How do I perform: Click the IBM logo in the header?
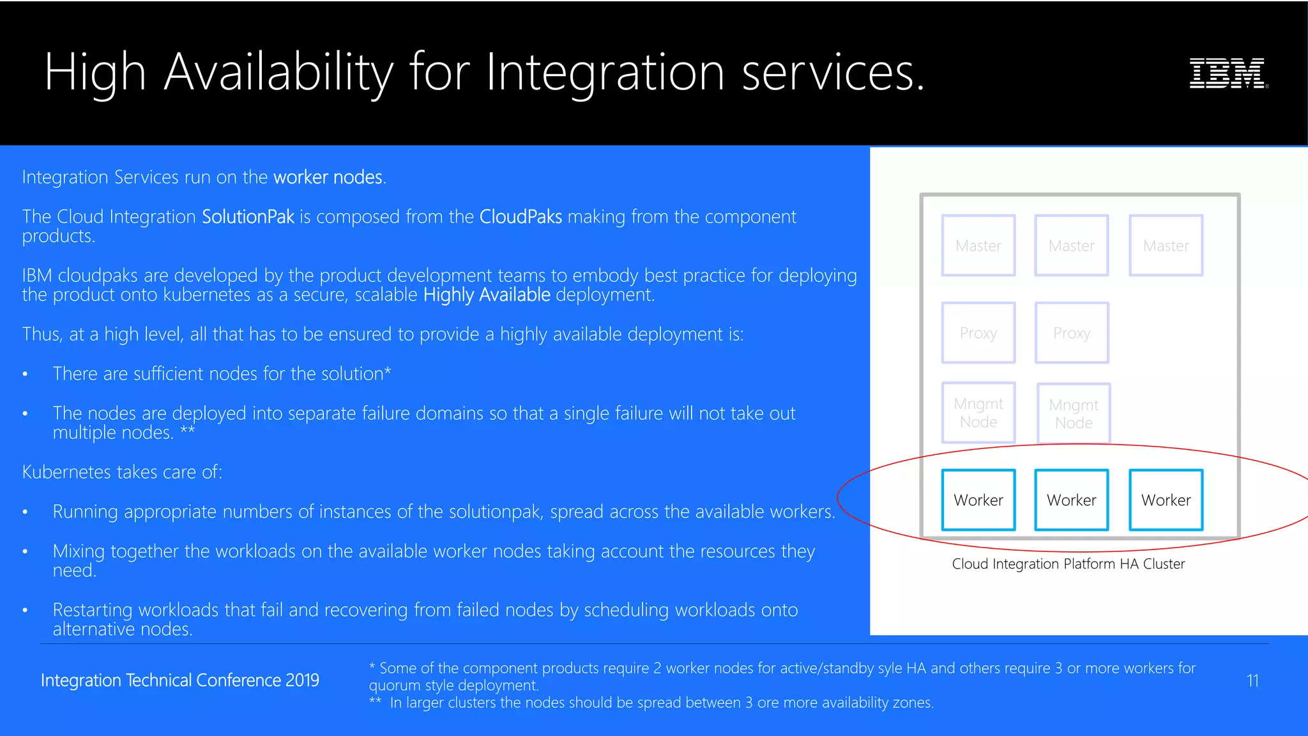click(x=1228, y=73)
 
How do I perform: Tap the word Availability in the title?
click(x=278, y=72)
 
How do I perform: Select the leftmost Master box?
click(x=978, y=245)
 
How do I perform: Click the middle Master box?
click(x=1071, y=245)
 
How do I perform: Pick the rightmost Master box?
click(x=1166, y=245)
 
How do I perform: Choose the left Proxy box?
click(x=978, y=333)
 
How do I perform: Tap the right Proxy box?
click(x=1071, y=333)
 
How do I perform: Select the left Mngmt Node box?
click(x=978, y=413)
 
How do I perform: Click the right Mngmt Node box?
click(x=1074, y=413)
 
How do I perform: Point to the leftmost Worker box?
click(x=978, y=500)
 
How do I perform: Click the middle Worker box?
click(x=1071, y=500)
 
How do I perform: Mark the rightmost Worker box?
click(x=1166, y=500)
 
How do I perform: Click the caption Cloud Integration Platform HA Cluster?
click(x=1068, y=563)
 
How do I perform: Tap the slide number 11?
click(x=1252, y=680)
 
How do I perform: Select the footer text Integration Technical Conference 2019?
click(x=179, y=680)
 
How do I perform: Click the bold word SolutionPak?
click(x=248, y=217)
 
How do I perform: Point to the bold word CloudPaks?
click(x=521, y=217)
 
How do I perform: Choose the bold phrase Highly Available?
click(x=487, y=295)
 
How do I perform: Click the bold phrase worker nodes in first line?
click(x=328, y=177)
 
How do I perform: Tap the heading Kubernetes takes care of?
click(x=122, y=472)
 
